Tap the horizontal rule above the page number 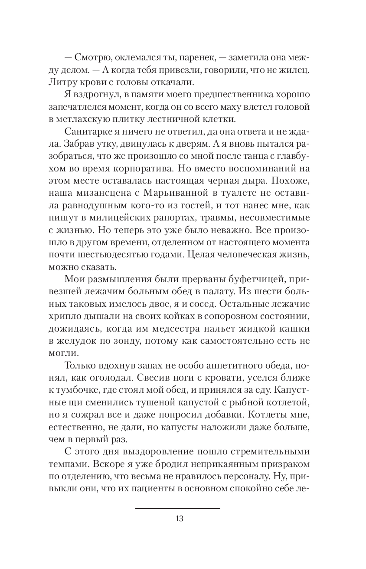pyautogui.click(x=177, y=508)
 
